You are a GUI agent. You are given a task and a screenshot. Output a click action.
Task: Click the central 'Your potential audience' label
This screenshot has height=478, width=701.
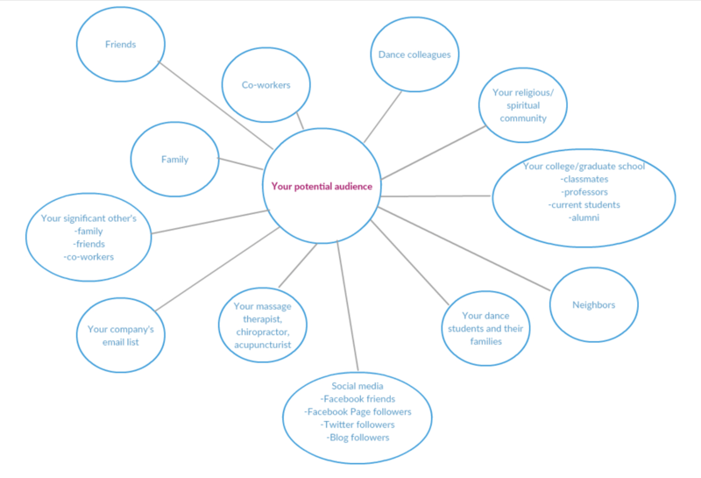322,186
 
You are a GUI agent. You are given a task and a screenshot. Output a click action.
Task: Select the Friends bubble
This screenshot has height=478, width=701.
121,43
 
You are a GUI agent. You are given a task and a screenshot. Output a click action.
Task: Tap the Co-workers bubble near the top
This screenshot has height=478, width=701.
266,85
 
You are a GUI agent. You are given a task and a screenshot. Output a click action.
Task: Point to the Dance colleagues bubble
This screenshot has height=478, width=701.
414,54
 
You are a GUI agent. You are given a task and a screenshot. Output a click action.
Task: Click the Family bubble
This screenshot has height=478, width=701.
174,160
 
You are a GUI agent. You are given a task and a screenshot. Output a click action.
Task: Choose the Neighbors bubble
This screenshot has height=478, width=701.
593,305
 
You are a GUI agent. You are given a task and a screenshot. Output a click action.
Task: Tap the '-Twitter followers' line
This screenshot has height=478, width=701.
358,424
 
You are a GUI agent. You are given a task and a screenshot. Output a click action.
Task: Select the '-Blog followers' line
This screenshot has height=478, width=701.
358,437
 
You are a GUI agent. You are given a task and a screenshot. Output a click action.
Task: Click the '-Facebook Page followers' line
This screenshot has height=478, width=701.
358,411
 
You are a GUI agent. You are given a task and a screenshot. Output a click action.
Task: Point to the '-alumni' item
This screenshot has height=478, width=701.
584,218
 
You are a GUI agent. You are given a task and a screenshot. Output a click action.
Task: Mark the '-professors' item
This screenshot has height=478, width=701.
584,191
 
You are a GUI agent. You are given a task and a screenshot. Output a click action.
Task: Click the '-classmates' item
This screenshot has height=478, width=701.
584,179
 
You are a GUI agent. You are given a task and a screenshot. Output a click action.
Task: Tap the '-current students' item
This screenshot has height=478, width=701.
584,204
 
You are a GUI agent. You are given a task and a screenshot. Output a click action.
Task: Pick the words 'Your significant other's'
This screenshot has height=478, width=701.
89,218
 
